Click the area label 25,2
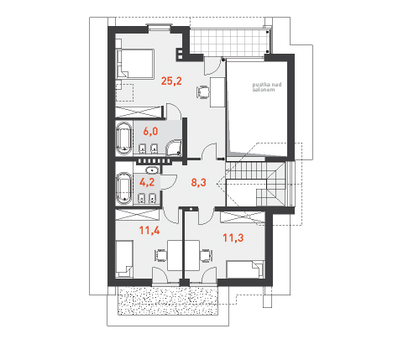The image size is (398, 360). (171, 81)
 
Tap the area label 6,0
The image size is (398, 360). (150, 131)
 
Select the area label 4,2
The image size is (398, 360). (147, 182)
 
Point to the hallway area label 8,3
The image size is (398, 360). (198, 182)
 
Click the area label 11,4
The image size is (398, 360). (149, 231)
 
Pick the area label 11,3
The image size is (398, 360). (233, 237)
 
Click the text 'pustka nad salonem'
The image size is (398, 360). (267, 87)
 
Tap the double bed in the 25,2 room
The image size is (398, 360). (135, 64)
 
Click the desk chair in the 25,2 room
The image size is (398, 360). (203, 91)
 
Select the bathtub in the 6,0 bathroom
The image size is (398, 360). (123, 138)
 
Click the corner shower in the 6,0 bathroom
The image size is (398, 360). (174, 148)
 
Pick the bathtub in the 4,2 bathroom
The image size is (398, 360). (123, 189)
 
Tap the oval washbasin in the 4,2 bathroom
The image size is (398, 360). (152, 170)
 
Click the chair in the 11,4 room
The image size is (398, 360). (160, 255)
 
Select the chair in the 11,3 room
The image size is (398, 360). (207, 255)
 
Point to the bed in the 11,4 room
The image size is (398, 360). (124, 258)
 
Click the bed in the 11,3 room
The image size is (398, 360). (245, 269)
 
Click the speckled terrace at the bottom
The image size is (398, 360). (168, 300)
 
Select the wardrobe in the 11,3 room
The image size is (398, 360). (243, 217)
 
